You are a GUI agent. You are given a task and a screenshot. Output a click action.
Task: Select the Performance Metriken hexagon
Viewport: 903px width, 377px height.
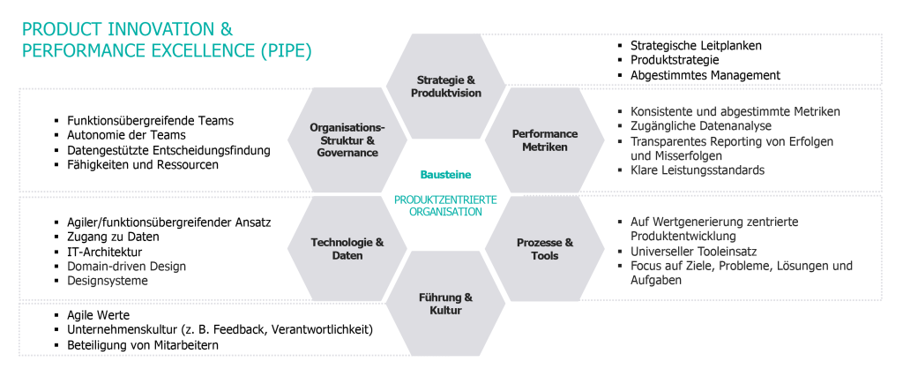point(545,140)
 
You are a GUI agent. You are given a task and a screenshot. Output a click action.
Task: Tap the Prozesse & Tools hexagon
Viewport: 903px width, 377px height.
point(545,249)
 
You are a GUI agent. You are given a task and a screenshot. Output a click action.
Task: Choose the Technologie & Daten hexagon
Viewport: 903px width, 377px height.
point(347,249)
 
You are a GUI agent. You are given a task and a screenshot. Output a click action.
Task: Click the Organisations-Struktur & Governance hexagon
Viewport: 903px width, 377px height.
point(347,140)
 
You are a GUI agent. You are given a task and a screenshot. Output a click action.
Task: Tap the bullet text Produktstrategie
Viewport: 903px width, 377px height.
point(674,60)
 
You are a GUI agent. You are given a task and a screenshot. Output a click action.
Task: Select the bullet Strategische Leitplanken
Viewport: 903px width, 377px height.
point(696,45)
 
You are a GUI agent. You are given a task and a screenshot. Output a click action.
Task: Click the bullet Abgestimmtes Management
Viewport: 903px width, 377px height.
point(705,75)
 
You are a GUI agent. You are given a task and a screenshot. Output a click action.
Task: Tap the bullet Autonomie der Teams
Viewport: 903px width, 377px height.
point(126,135)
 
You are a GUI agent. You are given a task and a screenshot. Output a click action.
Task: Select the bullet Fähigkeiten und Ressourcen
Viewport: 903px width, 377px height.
point(142,164)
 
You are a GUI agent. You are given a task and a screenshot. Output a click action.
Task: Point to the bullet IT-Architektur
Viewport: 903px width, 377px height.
point(104,252)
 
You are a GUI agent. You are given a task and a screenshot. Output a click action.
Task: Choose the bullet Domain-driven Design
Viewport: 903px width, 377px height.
point(126,266)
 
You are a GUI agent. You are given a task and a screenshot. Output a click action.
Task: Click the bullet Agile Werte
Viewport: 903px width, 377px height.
point(98,314)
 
